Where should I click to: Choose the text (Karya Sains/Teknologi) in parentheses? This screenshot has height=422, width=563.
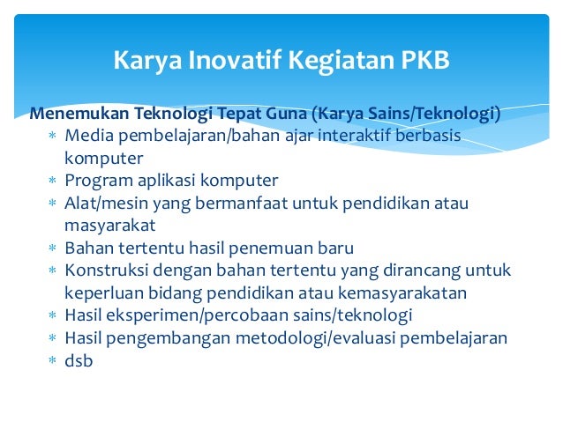(x=405, y=114)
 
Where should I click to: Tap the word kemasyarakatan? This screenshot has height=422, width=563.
(x=409, y=292)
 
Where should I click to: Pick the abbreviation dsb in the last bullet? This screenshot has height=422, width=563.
(x=79, y=360)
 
